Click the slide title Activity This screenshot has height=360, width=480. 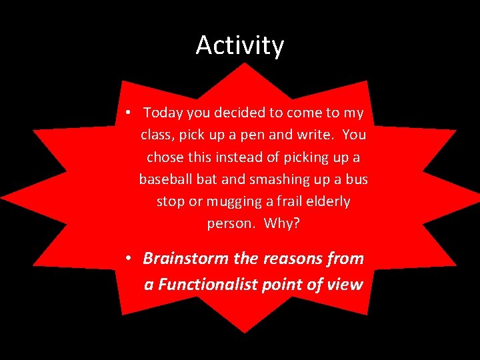coord(240,45)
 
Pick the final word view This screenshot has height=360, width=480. coord(345,285)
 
